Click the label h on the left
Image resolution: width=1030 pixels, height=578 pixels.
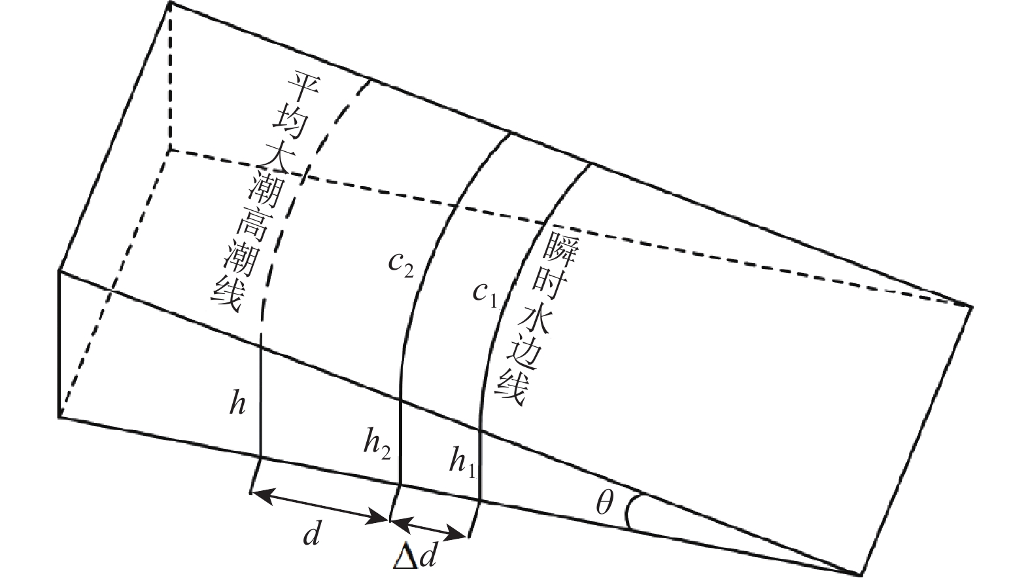pyautogui.click(x=237, y=404)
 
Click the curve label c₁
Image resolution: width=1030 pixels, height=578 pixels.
pyautogui.click(x=485, y=293)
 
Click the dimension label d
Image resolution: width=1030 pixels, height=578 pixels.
pyautogui.click(x=312, y=535)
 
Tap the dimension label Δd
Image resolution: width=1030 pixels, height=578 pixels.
pyautogui.click(x=416, y=557)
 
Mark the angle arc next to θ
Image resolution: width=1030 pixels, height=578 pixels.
pyautogui.click(x=628, y=510)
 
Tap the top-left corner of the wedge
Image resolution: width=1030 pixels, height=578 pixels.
pyautogui.click(x=171, y=3)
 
